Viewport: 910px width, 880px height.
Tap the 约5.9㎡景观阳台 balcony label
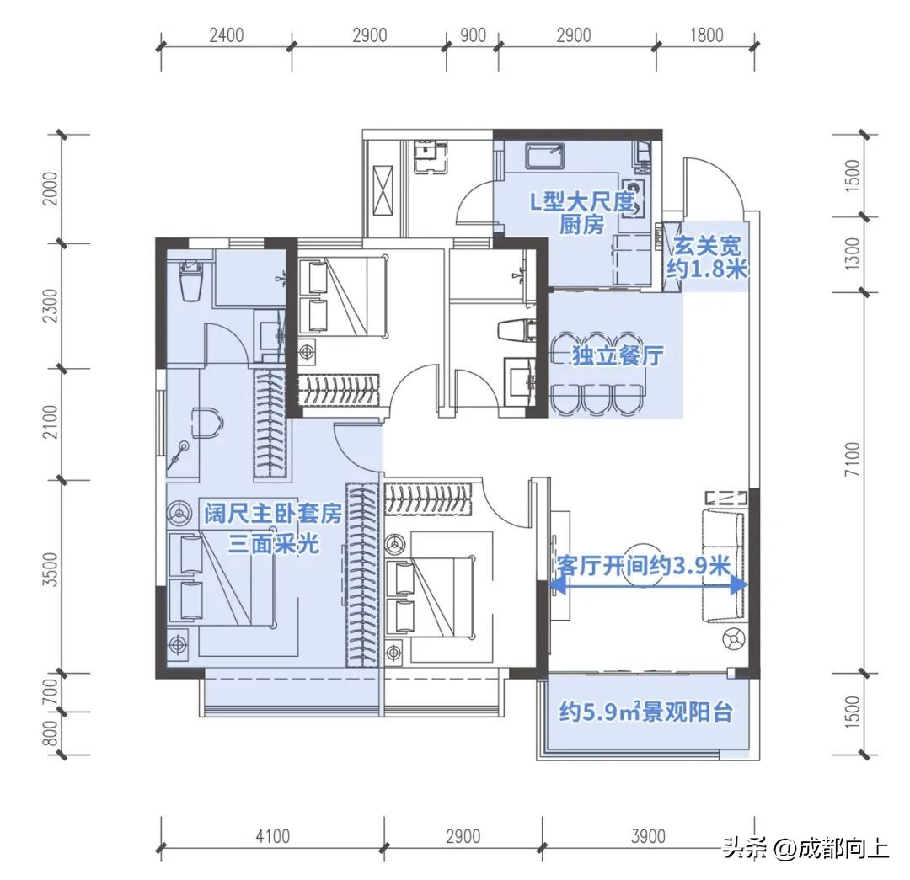(645, 713)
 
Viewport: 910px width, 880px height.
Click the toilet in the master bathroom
(190, 279)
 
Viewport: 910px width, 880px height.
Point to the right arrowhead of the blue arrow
(742, 584)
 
